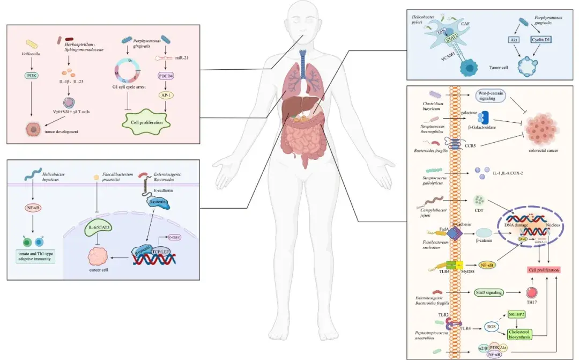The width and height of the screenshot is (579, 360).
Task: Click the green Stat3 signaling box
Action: [489, 292]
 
